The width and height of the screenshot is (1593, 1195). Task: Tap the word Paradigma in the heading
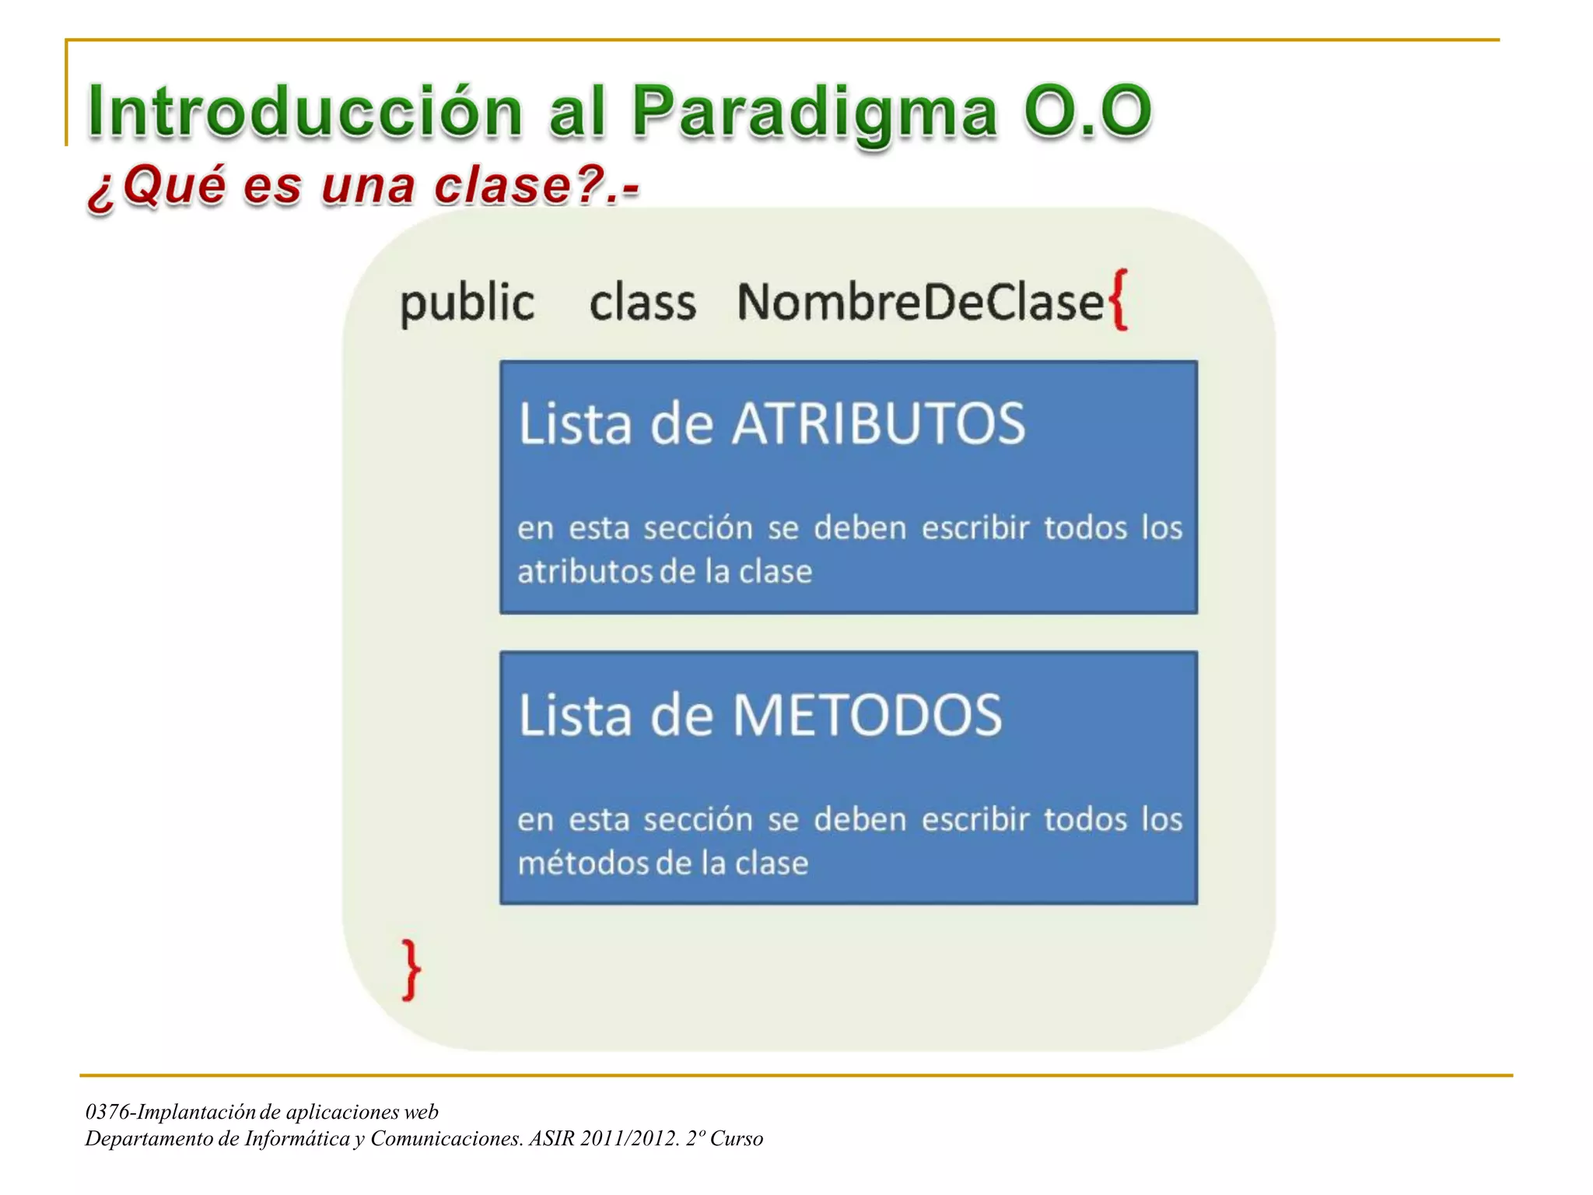click(x=814, y=111)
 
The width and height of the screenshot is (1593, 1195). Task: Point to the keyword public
click(x=467, y=303)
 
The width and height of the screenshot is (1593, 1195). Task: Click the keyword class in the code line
click(x=642, y=303)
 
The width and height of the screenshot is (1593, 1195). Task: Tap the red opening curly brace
click(x=1119, y=300)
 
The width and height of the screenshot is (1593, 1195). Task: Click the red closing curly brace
click(x=411, y=969)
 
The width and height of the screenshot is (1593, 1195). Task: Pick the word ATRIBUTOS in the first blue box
click(x=879, y=424)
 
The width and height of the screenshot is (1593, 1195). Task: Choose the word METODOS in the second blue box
click(x=867, y=715)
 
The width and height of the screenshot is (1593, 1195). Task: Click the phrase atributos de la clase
click(x=665, y=572)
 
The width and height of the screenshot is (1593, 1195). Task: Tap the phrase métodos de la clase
click(x=663, y=863)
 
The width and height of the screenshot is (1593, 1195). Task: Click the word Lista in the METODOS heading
click(x=574, y=715)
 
